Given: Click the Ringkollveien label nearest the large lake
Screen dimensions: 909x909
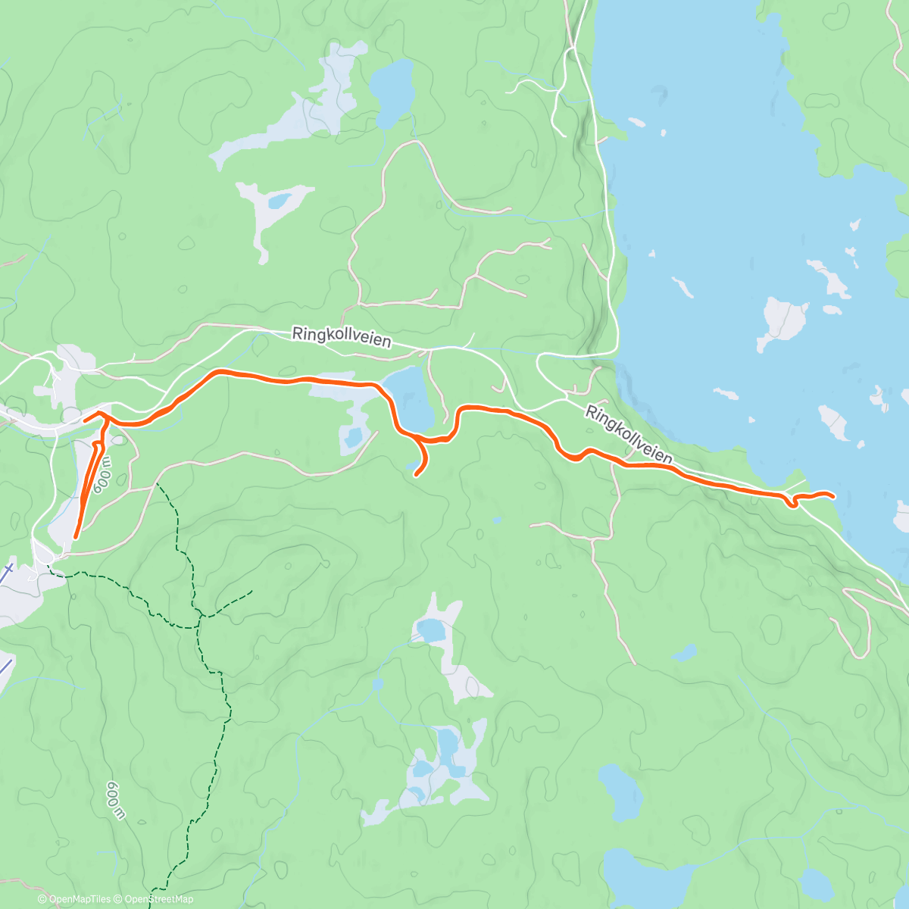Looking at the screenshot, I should click(628, 434).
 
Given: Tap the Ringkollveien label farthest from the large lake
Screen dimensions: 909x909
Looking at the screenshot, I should click(342, 337).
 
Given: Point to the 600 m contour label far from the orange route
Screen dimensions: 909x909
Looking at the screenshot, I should click(115, 800).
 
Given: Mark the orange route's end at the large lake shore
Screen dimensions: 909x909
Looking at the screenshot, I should click(833, 497).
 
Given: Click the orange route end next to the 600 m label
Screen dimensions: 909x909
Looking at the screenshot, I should click(75, 536).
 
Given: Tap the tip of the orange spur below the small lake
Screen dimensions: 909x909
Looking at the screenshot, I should click(416, 475).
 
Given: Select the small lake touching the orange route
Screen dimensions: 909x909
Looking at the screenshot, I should click(411, 398).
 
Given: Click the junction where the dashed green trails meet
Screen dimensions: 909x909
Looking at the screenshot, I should click(198, 617).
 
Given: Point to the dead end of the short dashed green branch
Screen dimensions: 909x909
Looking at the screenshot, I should click(251, 590).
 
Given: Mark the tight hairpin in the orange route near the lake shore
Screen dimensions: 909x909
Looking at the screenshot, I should click(791, 504).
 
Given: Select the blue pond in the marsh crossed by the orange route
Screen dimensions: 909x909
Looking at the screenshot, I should click(351, 437).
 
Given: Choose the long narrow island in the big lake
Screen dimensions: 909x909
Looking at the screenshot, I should click(683, 287).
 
